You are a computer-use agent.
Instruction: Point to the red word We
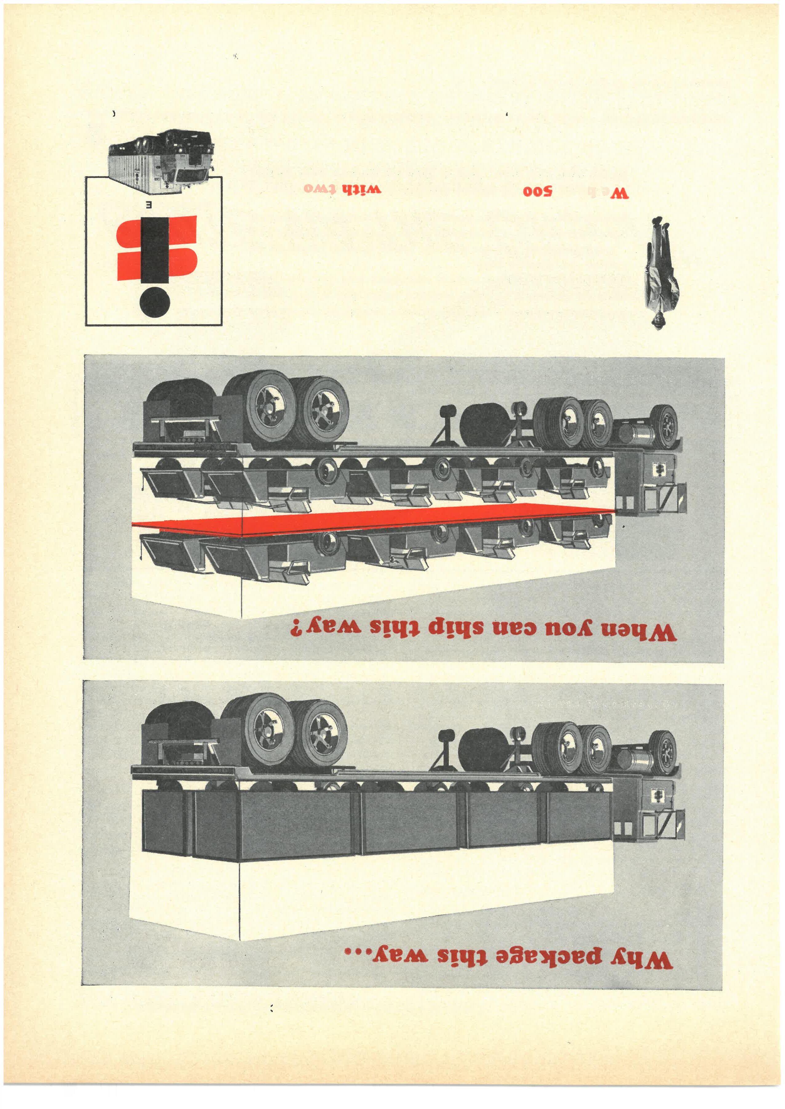619,193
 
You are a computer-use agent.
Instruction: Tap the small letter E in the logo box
150,205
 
